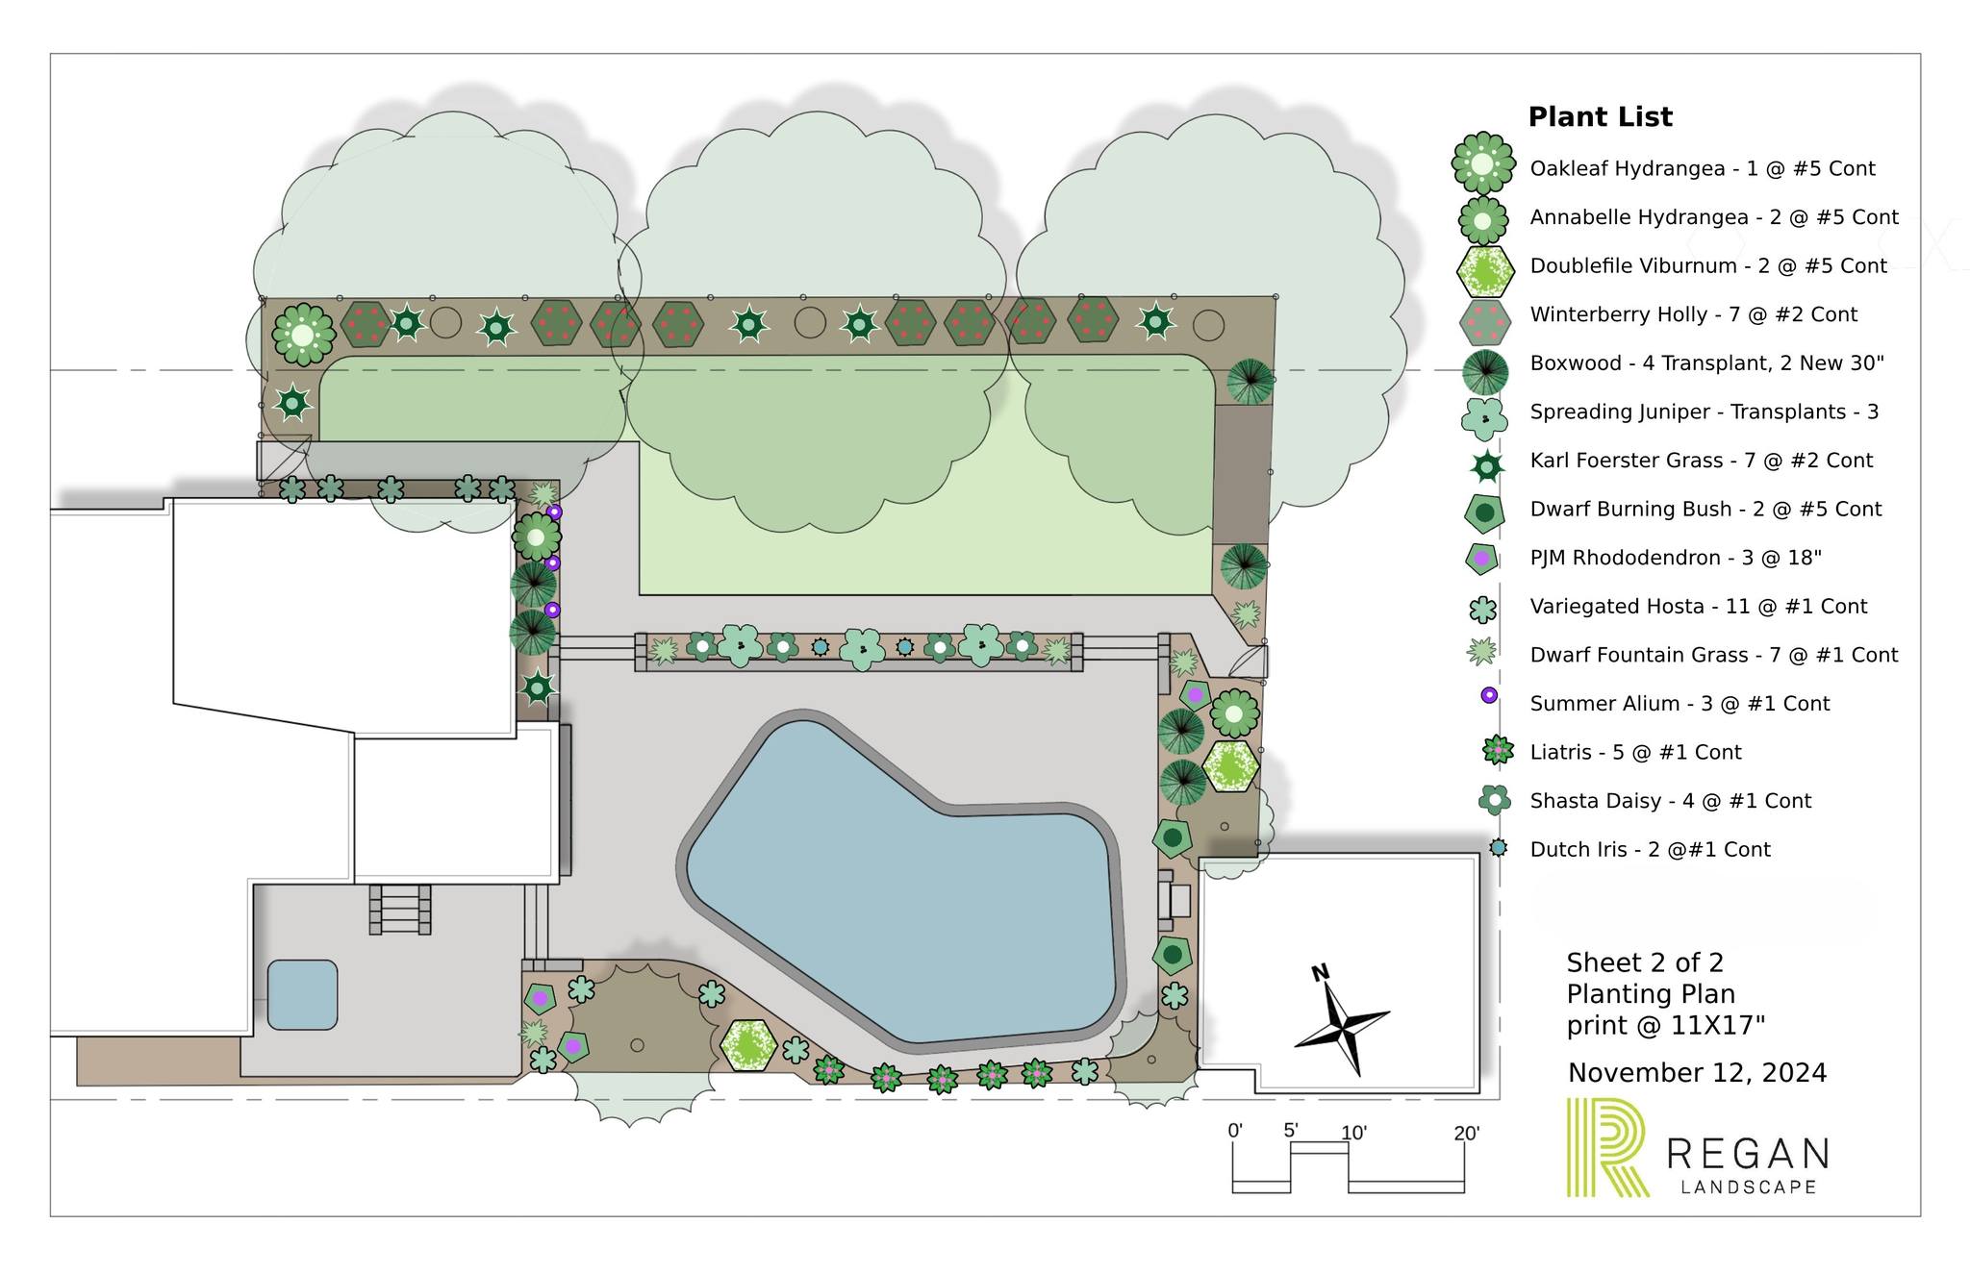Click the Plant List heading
point(1600,117)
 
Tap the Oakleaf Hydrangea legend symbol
point(1482,163)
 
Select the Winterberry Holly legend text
point(1693,314)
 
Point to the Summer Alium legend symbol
point(1489,695)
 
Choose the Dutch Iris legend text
point(1650,850)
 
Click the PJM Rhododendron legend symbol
point(1482,558)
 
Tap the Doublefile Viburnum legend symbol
point(1485,271)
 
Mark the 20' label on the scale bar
point(1466,1134)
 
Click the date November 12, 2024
point(1697,1073)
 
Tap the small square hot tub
point(302,994)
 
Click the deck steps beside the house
point(400,910)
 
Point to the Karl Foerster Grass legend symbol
point(1487,466)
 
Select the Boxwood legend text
point(1706,363)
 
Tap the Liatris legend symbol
point(1498,750)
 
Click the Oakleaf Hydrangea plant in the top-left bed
point(303,335)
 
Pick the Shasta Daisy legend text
point(1670,801)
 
